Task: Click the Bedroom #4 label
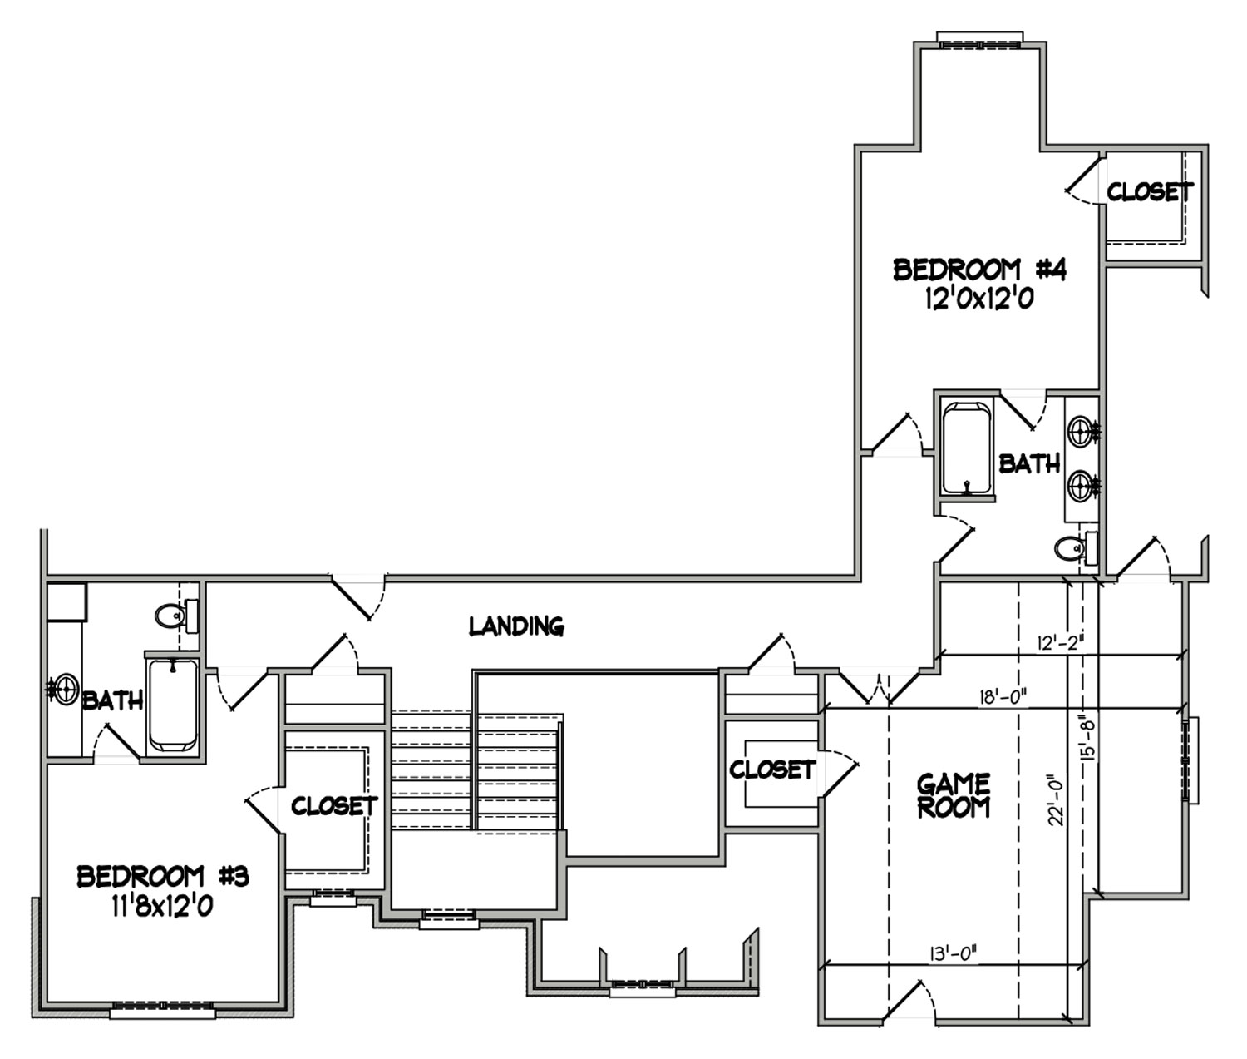click(x=979, y=270)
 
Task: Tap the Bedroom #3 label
click(x=163, y=877)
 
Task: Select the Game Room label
click(x=954, y=796)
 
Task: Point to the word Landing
click(x=516, y=626)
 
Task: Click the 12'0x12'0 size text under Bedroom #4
click(x=979, y=299)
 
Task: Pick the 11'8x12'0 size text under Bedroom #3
click(x=162, y=906)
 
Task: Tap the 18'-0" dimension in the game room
click(x=1002, y=698)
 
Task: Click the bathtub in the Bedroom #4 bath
click(x=967, y=449)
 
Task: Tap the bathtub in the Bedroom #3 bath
click(x=173, y=705)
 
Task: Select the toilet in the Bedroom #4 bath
click(x=1077, y=548)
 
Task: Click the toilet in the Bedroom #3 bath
click(x=176, y=616)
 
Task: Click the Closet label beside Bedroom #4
click(x=1150, y=192)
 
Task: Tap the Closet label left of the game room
click(x=772, y=770)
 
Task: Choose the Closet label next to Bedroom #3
click(x=333, y=805)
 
